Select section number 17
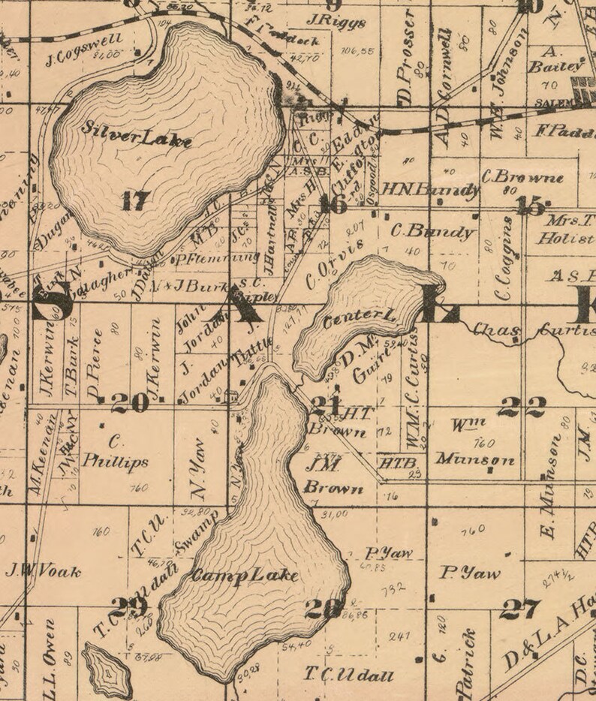(136, 200)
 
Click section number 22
(521, 408)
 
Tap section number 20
(130, 404)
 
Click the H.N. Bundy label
(430, 189)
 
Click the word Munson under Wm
(476, 459)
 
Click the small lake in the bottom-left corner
(107, 670)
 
